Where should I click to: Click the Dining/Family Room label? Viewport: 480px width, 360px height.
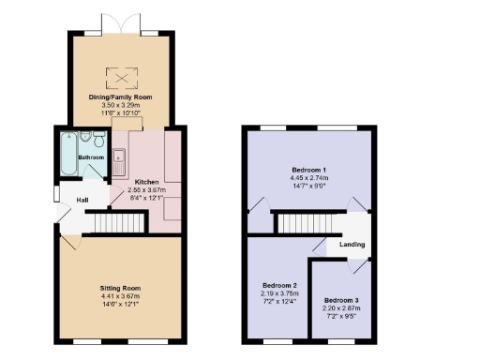(x=121, y=97)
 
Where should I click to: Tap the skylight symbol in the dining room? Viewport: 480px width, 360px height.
(x=121, y=75)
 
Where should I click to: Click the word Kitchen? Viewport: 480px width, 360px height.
(x=147, y=181)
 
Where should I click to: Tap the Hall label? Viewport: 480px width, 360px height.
(x=82, y=201)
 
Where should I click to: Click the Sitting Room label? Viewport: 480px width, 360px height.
(x=121, y=288)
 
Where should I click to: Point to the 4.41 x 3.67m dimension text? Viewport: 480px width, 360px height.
(x=121, y=296)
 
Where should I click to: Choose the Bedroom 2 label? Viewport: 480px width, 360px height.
(x=279, y=284)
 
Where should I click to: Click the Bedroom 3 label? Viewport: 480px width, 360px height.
(x=341, y=299)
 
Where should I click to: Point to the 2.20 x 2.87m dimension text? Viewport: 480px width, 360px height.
(x=341, y=307)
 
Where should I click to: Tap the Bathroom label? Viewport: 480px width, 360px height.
(x=91, y=157)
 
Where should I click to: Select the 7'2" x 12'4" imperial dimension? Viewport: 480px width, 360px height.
(x=279, y=300)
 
